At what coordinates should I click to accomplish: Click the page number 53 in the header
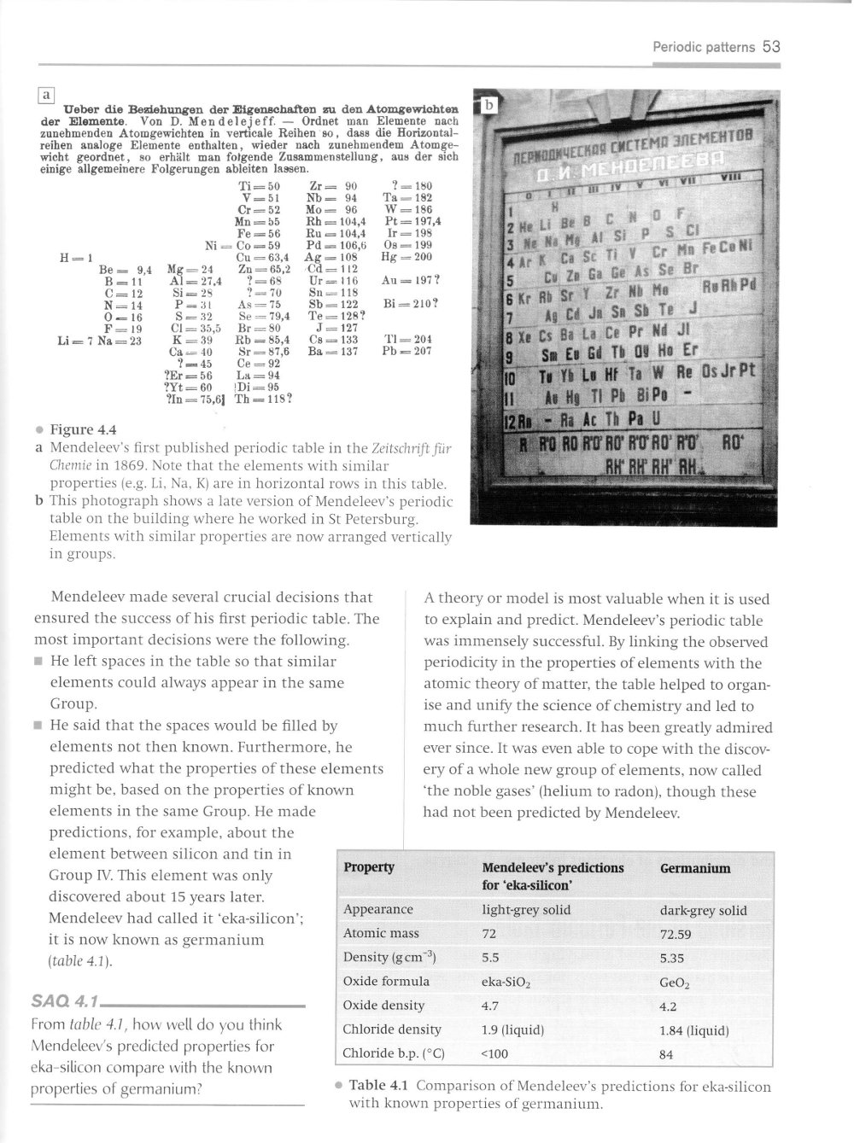(771, 47)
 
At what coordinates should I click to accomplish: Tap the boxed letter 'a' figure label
(46, 95)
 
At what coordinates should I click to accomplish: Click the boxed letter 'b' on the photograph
(489, 105)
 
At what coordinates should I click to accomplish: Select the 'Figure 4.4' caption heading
(83, 429)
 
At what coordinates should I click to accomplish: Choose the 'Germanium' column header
(695, 868)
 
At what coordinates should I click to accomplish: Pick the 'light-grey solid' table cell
(526, 910)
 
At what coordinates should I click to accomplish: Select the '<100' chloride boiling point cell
(495, 1054)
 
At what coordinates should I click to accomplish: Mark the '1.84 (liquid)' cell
(694, 1030)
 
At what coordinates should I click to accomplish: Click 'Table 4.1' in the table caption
(380, 1087)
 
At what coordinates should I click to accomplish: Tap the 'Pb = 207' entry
(408, 351)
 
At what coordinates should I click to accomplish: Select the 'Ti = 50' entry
(260, 187)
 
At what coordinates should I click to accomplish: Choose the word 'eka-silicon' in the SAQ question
(67, 1068)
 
